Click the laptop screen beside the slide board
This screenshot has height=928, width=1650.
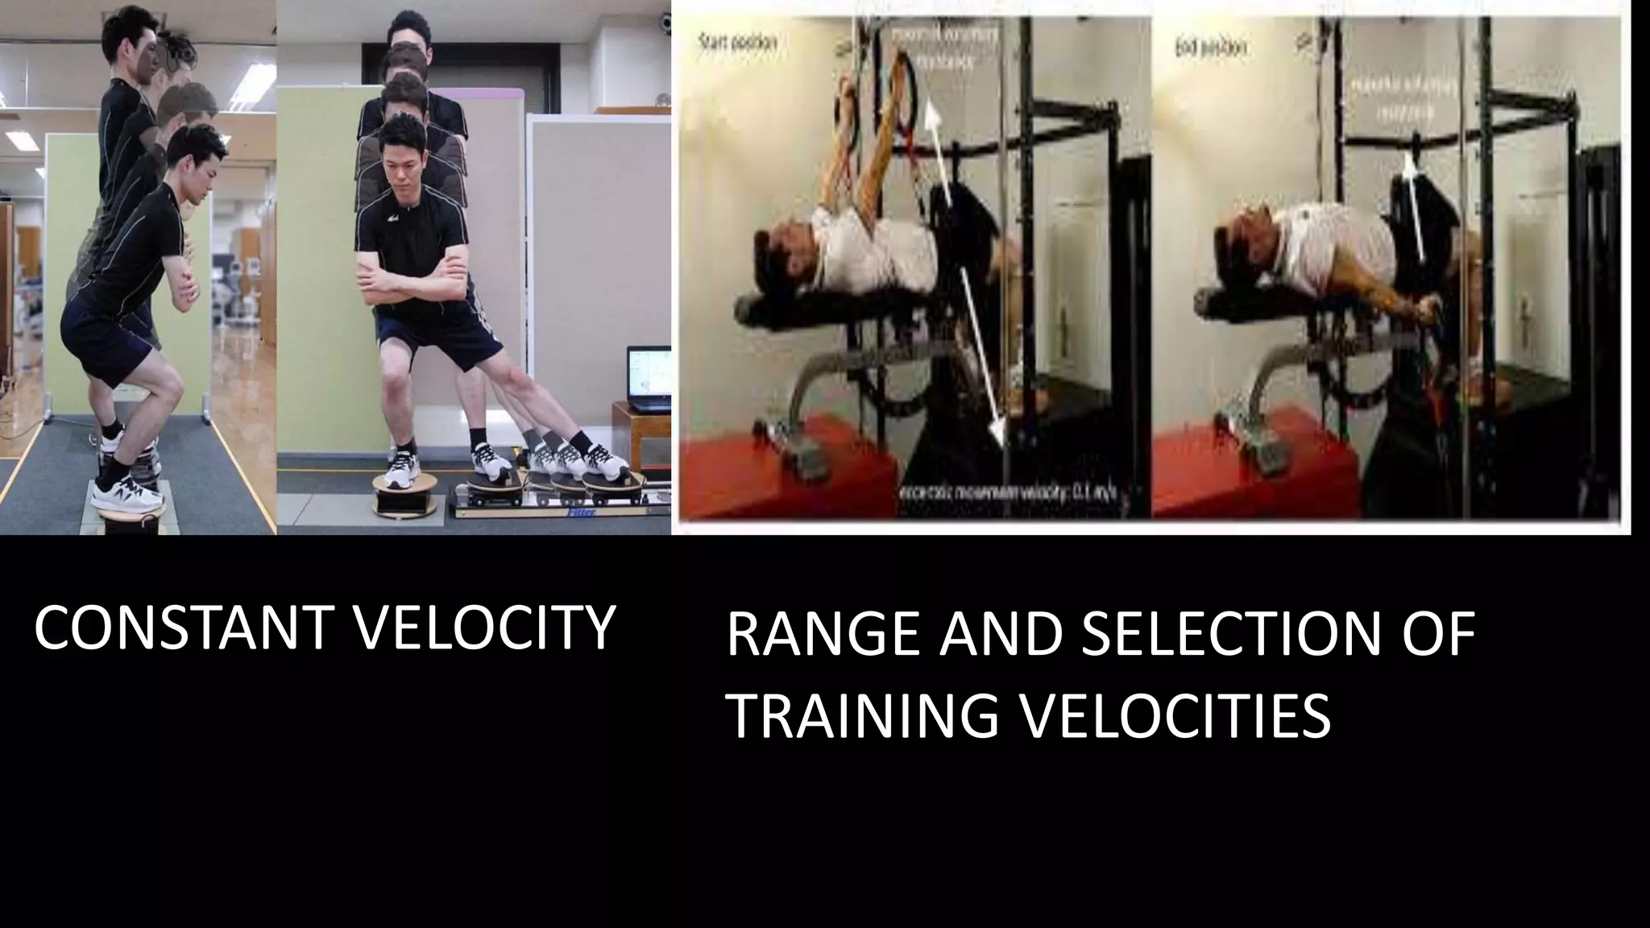tap(649, 379)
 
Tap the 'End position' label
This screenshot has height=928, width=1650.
tap(1209, 48)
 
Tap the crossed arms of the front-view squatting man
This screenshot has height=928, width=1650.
tap(411, 282)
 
